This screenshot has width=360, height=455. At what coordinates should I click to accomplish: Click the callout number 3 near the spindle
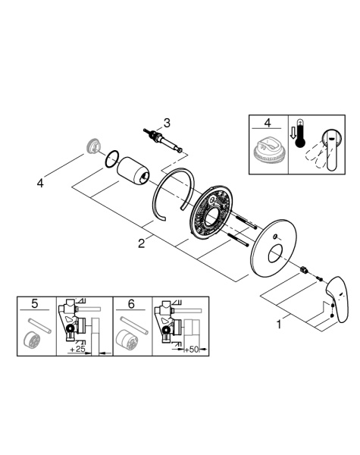point(167,121)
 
